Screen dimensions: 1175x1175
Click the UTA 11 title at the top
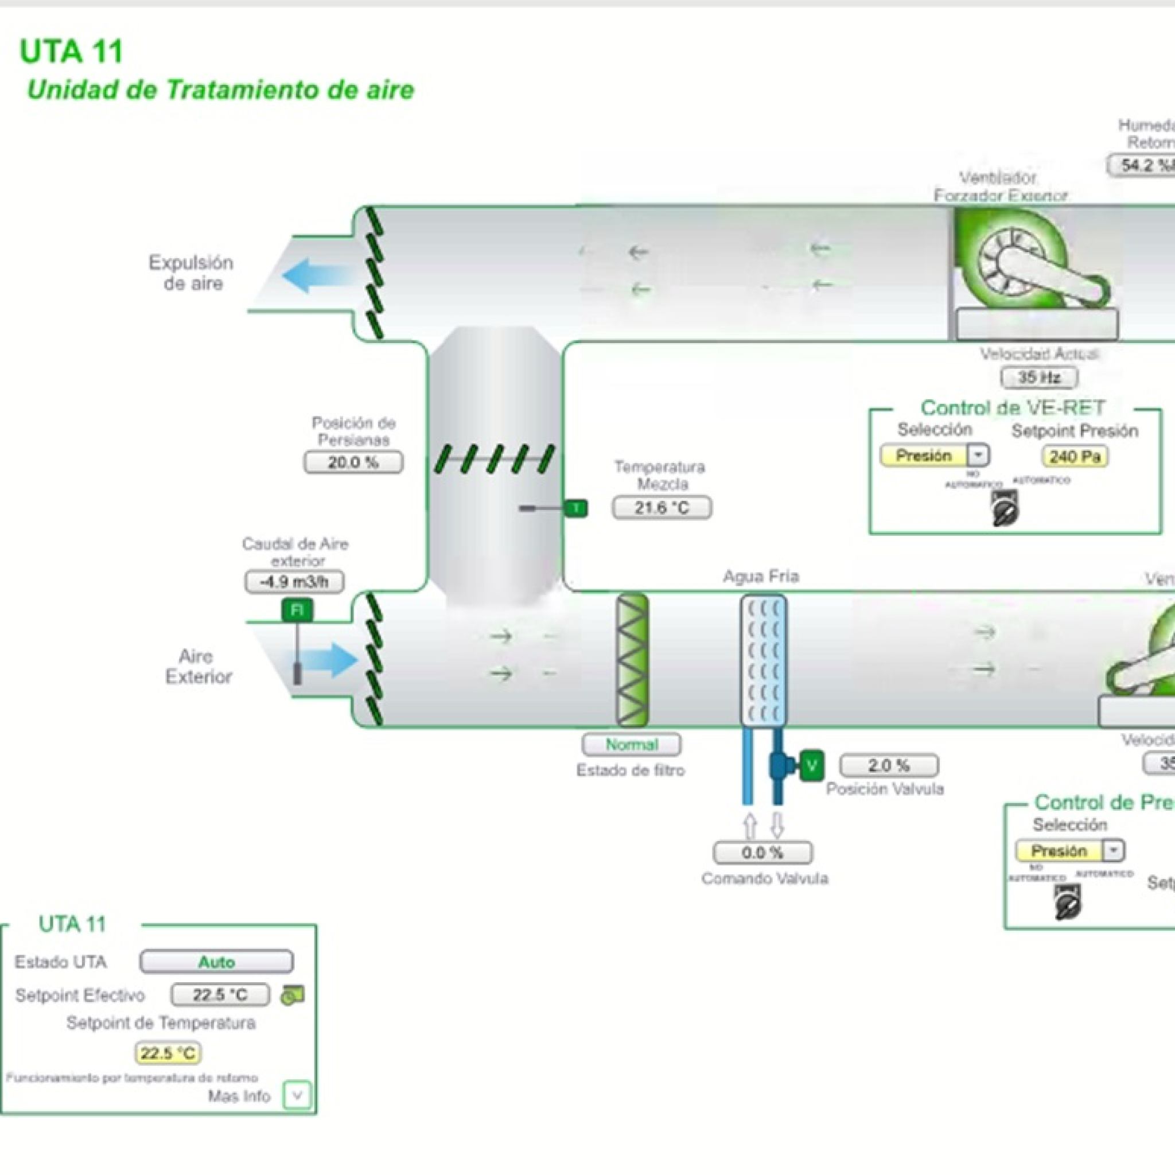click(x=71, y=51)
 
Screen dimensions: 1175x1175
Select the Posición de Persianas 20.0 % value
click(x=353, y=462)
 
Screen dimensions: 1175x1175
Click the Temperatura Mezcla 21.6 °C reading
click(x=662, y=508)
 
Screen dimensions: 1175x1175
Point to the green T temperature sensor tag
click(x=576, y=508)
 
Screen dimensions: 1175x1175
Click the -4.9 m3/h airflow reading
click(x=294, y=582)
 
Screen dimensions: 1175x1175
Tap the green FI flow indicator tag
click(x=297, y=610)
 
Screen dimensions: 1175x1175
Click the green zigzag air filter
click(x=632, y=660)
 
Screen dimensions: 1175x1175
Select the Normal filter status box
click(x=631, y=744)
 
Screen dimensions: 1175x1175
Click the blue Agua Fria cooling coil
click(x=763, y=660)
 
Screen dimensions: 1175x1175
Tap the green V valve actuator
click(x=811, y=766)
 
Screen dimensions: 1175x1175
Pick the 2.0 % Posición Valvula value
click(x=889, y=766)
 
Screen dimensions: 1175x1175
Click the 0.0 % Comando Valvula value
click(x=762, y=853)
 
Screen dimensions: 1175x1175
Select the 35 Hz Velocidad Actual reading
click(x=1039, y=378)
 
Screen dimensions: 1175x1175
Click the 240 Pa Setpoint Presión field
click(x=1075, y=457)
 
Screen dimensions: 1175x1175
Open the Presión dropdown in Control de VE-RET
click(x=979, y=455)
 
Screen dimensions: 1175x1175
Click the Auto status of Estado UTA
click(x=216, y=962)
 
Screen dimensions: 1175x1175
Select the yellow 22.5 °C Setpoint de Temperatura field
click(x=168, y=1053)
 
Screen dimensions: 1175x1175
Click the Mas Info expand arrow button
click(x=297, y=1096)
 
